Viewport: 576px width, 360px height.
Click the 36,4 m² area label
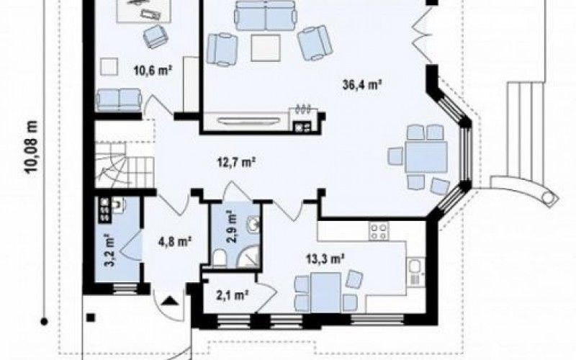pos(361,85)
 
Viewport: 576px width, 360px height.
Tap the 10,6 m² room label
pos(153,70)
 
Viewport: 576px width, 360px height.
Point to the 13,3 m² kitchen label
pos(325,259)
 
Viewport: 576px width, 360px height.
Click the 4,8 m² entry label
pos(175,242)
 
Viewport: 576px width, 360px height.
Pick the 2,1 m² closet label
pos(233,294)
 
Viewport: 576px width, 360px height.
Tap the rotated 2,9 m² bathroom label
pos(231,227)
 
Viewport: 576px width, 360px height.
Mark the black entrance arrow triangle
pos(169,301)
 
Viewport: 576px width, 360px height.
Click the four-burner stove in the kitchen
pos(379,231)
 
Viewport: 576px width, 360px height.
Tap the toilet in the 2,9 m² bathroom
pos(220,258)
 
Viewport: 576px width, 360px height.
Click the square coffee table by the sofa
pos(266,48)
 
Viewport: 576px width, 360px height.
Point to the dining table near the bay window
pos(426,157)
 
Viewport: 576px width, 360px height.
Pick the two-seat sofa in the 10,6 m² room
pos(119,99)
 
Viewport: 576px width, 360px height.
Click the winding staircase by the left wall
pos(124,165)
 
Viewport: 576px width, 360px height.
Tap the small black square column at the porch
pos(91,317)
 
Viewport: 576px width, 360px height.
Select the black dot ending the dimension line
pos(44,322)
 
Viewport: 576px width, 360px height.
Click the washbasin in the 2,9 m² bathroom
pos(253,224)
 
